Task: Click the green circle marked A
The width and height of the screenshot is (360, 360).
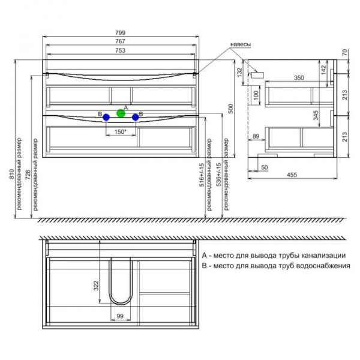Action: [121, 113]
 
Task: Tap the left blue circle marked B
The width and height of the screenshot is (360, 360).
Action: [106, 117]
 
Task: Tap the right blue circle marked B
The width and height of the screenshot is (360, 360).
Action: [136, 117]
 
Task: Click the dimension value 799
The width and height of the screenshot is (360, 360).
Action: [121, 33]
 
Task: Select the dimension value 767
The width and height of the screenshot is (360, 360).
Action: [121, 41]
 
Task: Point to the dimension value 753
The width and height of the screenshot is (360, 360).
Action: [121, 50]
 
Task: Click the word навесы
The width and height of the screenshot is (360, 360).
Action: [241, 44]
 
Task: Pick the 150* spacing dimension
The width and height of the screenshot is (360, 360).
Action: [121, 132]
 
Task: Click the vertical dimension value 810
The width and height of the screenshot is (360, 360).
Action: [12, 174]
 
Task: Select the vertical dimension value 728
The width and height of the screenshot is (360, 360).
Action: [28, 174]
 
